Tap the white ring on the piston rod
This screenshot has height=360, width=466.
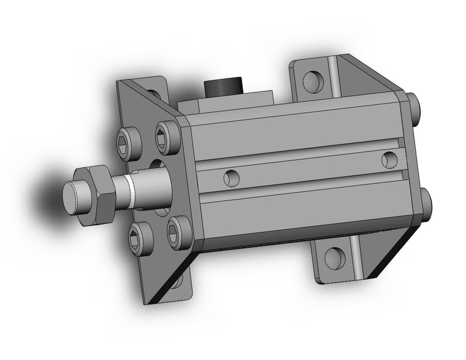(129, 189)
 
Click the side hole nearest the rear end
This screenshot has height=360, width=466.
(389, 159)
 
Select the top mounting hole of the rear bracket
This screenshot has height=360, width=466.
(312, 79)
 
